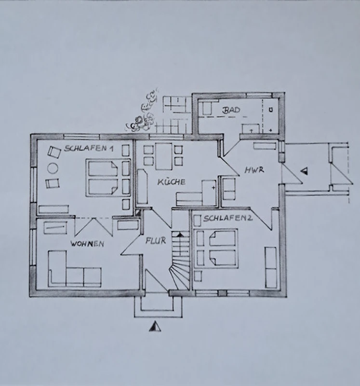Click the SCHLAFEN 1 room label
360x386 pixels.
point(89,149)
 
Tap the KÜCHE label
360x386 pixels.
point(171,182)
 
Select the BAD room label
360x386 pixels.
point(231,110)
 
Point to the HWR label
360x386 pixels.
point(254,170)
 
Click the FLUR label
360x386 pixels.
point(156,240)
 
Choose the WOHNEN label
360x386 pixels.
point(87,244)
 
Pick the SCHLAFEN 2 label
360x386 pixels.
point(227,219)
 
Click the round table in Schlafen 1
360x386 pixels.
point(53,168)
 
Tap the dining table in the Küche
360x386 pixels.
point(163,156)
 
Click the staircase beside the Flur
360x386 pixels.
point(181,261)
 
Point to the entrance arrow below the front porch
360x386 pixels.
point(155,326)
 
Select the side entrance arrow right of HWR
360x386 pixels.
point(305,171)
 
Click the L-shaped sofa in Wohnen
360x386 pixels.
point(75,269)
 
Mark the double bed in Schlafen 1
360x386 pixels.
point(102,178)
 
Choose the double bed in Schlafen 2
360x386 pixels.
point(216,248)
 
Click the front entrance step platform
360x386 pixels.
point(158,307)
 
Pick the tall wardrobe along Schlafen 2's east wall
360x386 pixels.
point(270,267)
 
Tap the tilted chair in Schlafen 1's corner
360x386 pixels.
point(54,152)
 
